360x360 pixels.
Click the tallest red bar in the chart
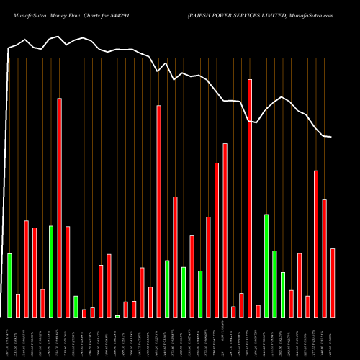(x=250, y=198)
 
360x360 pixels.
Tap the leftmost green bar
(x=9, y=285)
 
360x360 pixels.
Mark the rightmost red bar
(x=333, y=282)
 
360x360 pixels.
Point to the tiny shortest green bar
(x=117, y=316)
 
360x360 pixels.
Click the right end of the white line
(x=331, y=137)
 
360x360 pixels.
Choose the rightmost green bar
(x=283, y=294)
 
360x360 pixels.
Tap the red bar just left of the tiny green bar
(x=109, y=285)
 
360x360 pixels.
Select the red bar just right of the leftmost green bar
(x=18, y=305)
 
